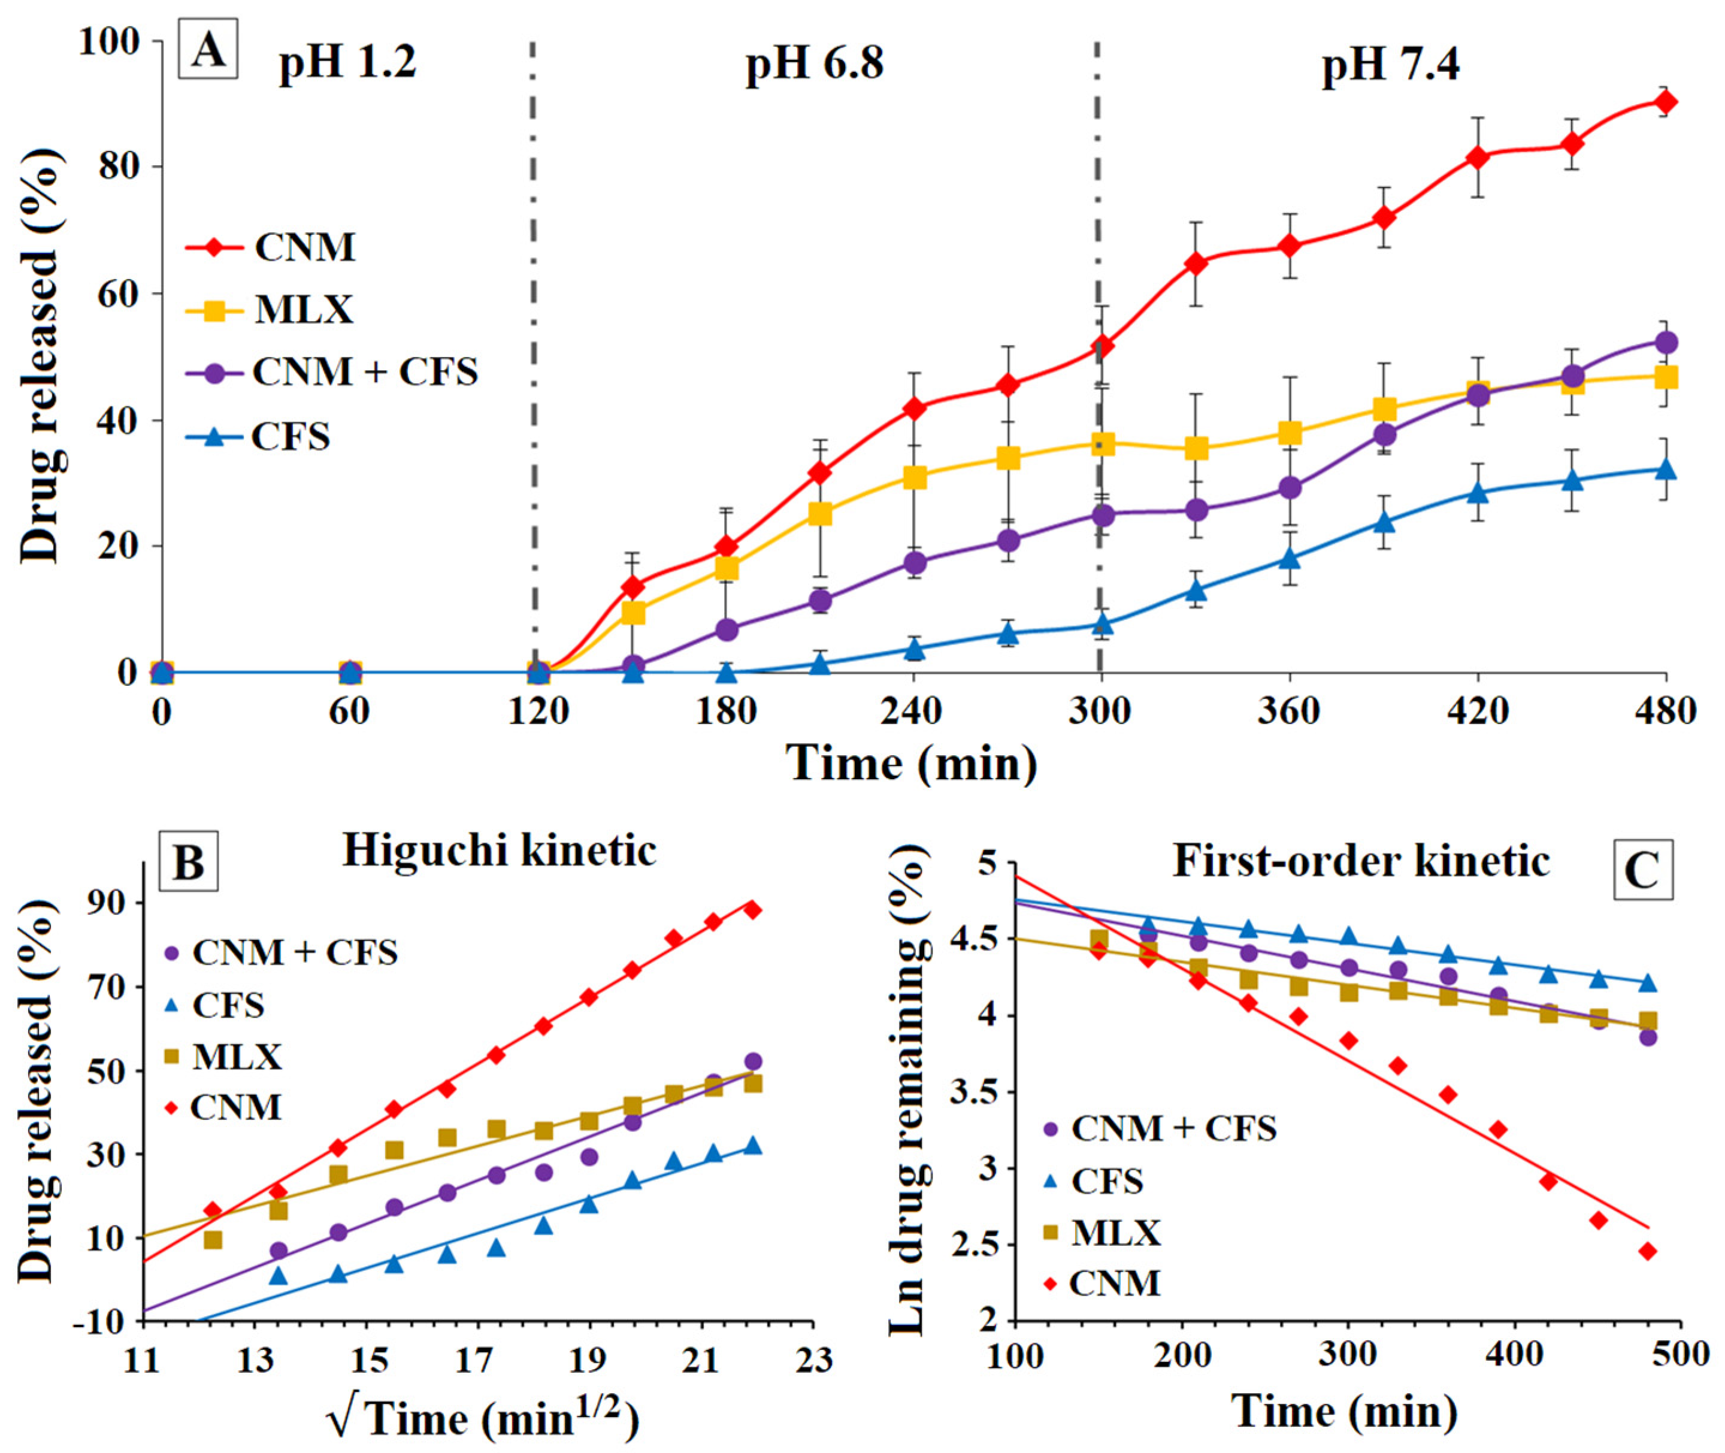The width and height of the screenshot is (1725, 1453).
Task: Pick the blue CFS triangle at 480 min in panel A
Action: pyautogui.click(x=1666, y=470)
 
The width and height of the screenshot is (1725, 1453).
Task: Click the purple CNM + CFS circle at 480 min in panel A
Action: pyautogui.click(x=1666, y=342)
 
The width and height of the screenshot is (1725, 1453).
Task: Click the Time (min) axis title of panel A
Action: pyautogui.click(x=913, y=763)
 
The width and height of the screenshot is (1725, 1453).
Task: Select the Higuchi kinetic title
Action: pyautogui.click(x=500, y=851)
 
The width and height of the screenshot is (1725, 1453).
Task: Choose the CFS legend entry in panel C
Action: pyautogui.click(x=1093, y=1183)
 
